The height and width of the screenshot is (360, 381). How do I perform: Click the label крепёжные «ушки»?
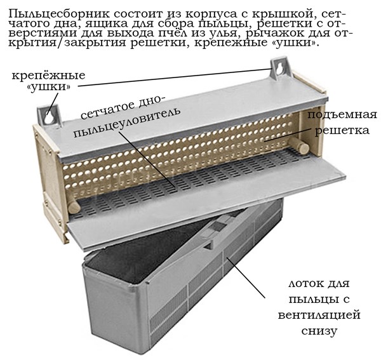coord(49,81)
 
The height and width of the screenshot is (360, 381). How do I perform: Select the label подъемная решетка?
coord(342,123)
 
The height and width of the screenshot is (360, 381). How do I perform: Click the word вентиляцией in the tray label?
coord(319,316)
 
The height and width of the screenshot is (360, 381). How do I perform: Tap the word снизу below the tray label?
coord(319,331)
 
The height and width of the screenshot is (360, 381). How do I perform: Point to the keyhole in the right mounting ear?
coord(280,69)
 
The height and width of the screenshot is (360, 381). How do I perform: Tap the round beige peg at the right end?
coord(301,145)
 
